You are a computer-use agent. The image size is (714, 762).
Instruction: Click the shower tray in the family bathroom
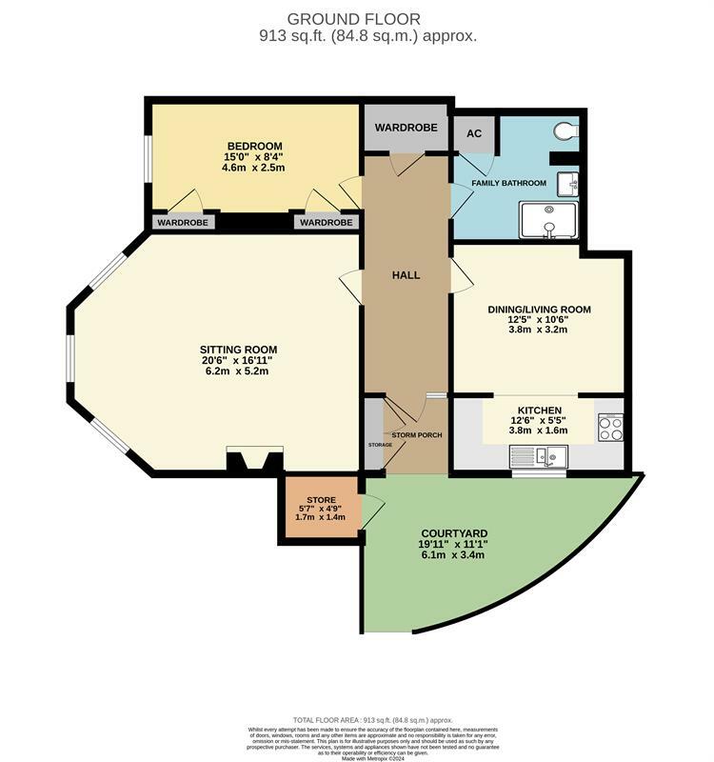click(x=548, y=220)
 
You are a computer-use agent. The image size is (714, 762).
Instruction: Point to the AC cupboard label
click(x=473, y=133)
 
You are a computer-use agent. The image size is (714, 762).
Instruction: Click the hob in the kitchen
click(x=609, y=429)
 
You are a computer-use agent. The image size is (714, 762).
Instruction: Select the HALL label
click(x=407, y=275)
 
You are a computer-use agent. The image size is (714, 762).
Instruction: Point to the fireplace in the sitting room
click(x=254, y=462)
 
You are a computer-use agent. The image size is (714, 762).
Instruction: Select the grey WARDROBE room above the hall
click(x=406, y=128)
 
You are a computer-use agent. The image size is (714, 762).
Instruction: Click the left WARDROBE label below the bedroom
click(x=184, y=222)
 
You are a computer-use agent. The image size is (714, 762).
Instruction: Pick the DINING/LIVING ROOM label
click(x=539, y=310)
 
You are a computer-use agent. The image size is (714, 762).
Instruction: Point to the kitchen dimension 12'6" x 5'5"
click(x=539, y=420)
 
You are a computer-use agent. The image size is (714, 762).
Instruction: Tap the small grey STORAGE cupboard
click(x=373, y=441)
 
